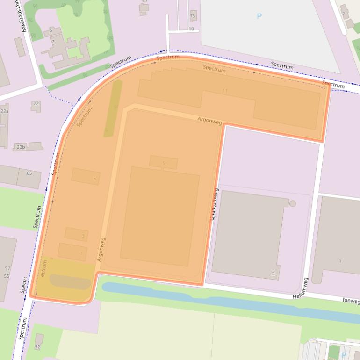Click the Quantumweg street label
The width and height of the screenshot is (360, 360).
point(215,204)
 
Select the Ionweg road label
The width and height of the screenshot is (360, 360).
point(351,301)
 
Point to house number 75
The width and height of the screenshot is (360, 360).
point(193,16)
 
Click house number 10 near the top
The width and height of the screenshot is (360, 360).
point(191,29)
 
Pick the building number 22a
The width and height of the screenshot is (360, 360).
point(4,111)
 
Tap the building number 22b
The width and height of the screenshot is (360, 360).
point(21,147)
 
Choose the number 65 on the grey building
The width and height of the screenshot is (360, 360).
point(29,173)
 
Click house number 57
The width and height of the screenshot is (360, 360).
point(7,268)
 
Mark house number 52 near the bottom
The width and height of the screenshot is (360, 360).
point(37,346)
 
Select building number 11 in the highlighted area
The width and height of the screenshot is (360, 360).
point(225,90)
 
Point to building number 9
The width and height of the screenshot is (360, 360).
point(164,163)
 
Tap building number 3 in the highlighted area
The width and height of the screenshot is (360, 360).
point(83,236)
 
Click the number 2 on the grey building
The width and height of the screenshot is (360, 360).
point(273,274)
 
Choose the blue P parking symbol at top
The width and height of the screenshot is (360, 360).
point(259,16)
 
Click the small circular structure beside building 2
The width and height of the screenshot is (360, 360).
point(293,203)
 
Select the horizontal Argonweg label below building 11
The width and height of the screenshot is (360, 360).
point(210,121)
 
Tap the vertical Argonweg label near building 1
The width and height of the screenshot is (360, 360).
point(101,249)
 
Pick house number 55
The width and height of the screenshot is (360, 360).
point(7,276)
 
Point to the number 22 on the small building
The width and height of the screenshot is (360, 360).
point(36,103)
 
